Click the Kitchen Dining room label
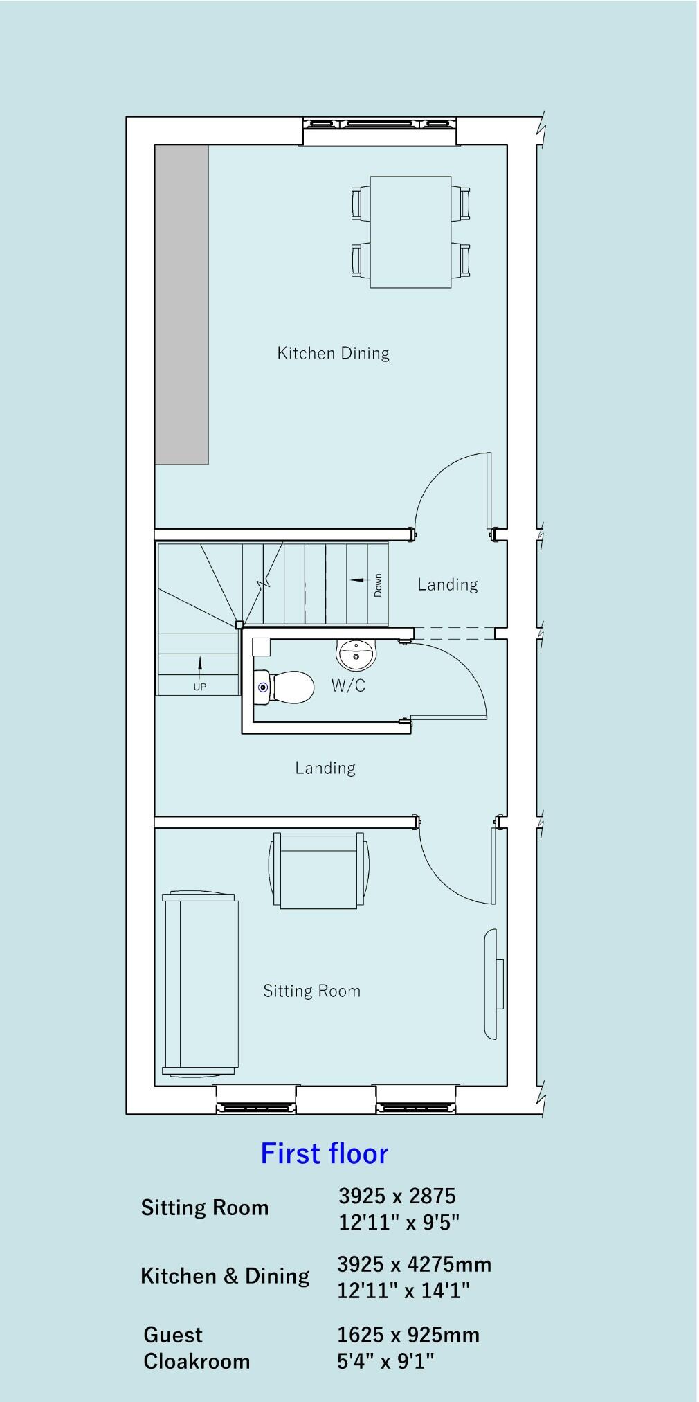(333, 353)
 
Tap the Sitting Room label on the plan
(311, 991)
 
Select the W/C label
(348, 685)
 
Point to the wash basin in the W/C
(356, 654)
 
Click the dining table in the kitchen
(410, 232)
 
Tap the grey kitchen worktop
(181, 305)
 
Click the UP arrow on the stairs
(200, 665)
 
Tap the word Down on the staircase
(378, 585)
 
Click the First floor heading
(324, 1154)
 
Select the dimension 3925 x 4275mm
(414, 1264)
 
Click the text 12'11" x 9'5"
(399, 1223)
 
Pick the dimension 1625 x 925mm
(408, 1335)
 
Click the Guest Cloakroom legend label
(196, 1348)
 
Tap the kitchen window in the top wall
(380, 125)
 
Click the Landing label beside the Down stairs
(447, 584)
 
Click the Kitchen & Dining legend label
(225, 1276)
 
